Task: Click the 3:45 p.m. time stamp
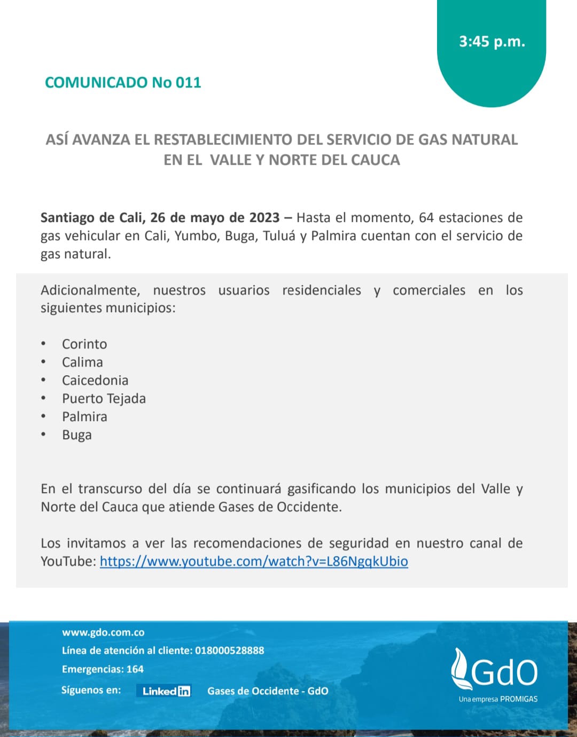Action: pyautogui.click(x=492, y=42)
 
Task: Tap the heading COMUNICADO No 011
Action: pyautogui.click(x=123, y=83)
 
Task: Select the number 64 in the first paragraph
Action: pyautogui.click(x=426, y=218)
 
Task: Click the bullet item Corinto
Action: pyautogui.click(x=84, y=344)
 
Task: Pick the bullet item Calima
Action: pyautogui.click(x=82, y=362)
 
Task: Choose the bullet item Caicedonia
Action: pyautogui.click(x=95, y=381)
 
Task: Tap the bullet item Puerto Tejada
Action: pyautogui.click(x=104, y=399)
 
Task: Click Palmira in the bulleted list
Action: pyautogui.click(x=84, y=417)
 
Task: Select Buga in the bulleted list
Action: pyautogui.click(x=77, y=435)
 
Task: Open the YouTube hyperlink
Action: pyautogui.click(x=254, y=561)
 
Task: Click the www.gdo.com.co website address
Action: pyautogui.click(x=103, y=632)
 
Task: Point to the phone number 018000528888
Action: pyautogui.click(x=229, y=651)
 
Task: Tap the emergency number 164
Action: pyautogui.click(x=135, y=669)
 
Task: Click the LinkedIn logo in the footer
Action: pyautogui.click(x=166, y=691)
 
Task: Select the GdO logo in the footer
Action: pyautogui.click(x=494, y=670)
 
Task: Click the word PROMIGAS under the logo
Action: pyautogui.click(x=519, y=699)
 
